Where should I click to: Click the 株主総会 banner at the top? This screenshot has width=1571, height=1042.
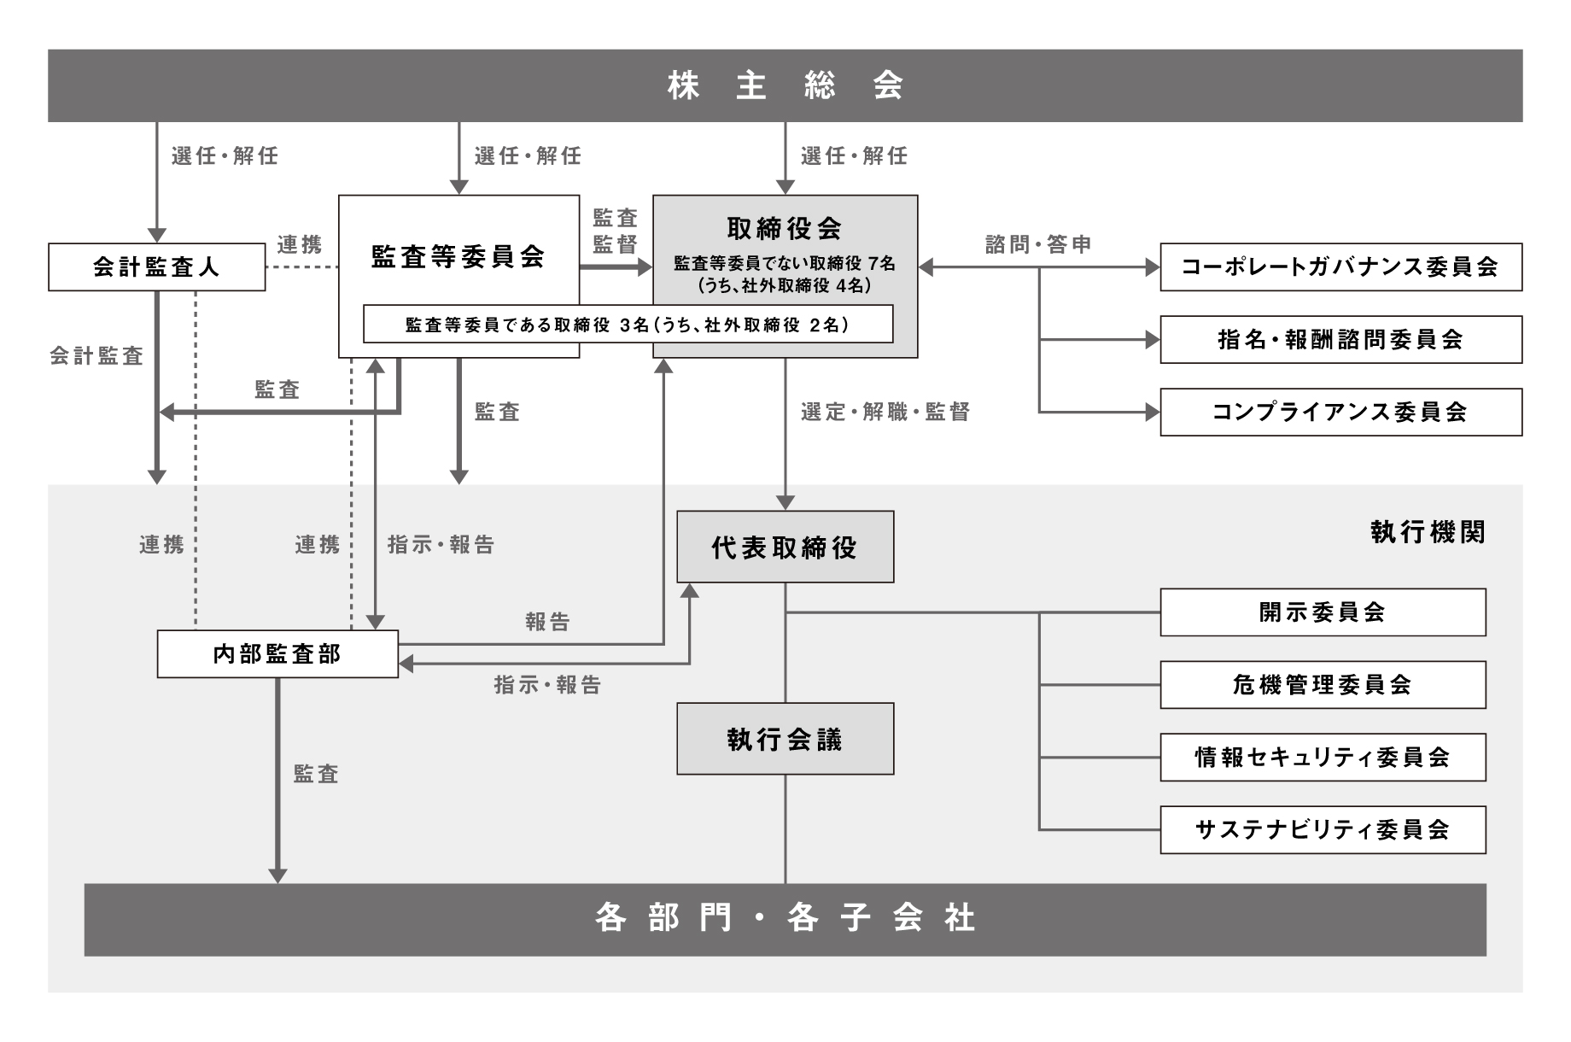(785, 85)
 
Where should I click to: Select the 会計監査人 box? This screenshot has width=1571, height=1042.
(156, 267)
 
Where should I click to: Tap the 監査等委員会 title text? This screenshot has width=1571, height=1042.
(458, 256)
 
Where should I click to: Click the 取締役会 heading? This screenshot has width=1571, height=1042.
(785, 228)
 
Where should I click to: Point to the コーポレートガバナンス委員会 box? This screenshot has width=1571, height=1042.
(1340, 267)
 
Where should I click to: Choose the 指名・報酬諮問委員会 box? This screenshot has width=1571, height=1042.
(1340, 340)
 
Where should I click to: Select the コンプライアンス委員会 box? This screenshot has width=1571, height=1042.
(1340, 413)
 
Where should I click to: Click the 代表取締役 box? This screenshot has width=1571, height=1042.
(785, 547)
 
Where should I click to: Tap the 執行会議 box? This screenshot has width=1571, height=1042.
(785, 739)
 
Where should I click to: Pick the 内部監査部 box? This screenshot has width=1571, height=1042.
(277, 654)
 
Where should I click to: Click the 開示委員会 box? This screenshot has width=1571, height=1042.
(1323, 612)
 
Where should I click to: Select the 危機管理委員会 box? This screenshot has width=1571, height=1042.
(1323, 685)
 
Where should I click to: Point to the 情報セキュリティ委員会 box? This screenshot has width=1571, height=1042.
(1323, 758)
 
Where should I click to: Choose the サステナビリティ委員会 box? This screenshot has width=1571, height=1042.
(1323, 829)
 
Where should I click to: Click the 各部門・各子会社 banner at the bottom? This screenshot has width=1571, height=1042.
(785, 919)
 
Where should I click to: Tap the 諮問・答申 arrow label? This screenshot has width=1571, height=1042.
(1038, 245)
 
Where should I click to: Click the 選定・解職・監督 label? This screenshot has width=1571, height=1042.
(885, 413)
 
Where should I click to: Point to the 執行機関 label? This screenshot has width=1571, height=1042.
(1428, 532)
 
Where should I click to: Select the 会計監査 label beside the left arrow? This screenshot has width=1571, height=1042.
(96, 356)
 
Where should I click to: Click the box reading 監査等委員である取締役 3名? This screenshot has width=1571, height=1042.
(628, 325)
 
